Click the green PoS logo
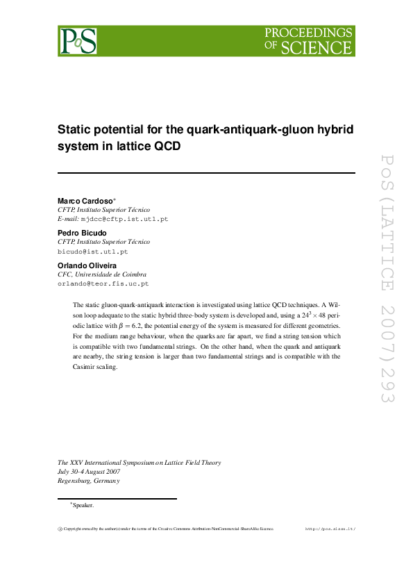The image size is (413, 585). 78,41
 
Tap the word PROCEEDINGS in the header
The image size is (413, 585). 308,33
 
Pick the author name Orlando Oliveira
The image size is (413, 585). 86,265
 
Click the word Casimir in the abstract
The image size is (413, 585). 85,367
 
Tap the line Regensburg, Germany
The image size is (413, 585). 89,481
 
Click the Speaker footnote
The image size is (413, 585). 82,505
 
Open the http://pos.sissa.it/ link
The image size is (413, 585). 330,529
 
